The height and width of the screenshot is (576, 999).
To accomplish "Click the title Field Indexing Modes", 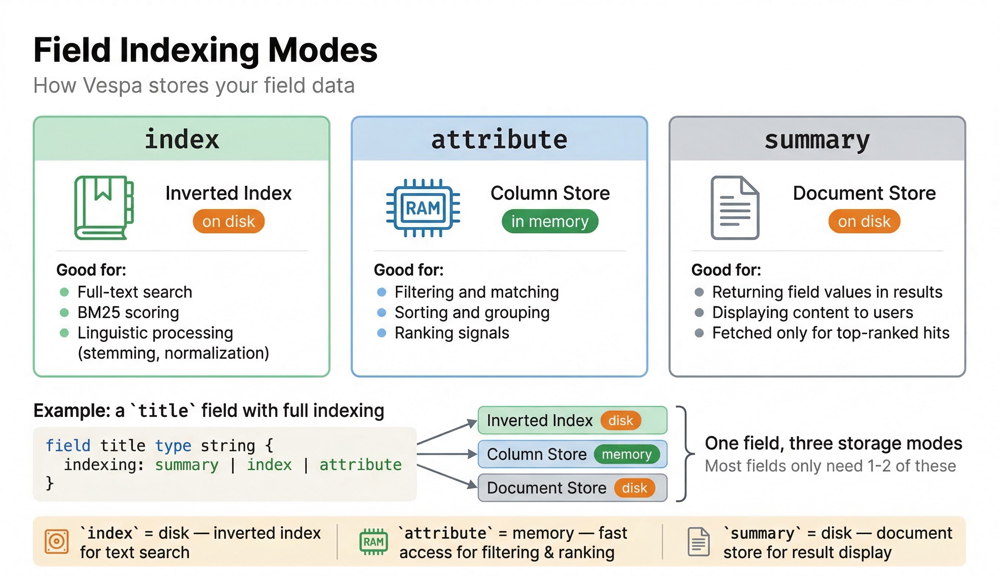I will click(x=205, y=50).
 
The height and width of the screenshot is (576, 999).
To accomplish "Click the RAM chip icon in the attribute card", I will click(x=423, y=207).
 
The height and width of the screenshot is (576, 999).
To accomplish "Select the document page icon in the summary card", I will click(x=735, y=207).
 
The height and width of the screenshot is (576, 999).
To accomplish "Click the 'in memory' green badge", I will click(x=549, y=221).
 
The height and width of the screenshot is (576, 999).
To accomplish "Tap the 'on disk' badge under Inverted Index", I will click(x=228, y=221).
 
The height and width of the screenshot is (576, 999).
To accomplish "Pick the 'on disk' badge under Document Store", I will click(x=864, y=221).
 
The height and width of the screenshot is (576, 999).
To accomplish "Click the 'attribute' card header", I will click(x=499, y=139).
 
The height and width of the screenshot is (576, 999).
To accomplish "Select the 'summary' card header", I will click(x=817, y=139).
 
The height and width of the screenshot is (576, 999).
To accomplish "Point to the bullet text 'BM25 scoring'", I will click(x=128, y=313).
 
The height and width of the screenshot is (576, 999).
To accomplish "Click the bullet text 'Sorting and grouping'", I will click(x=472, y=313).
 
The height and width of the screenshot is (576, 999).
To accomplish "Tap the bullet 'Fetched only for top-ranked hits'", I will click(x=830, y=333).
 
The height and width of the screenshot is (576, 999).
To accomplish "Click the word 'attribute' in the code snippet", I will click(x=360, y=464).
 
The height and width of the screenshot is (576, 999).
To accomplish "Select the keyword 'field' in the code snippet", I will click(x=68, y=446).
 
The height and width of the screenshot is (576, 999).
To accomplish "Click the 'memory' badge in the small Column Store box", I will click(x=627, y=454).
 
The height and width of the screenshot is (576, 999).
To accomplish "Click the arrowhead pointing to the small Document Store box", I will click(x=472, y=484).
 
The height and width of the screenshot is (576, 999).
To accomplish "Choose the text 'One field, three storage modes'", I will click(x=833, y=443).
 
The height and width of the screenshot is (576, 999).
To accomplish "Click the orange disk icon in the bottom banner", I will click(x=57, y=541).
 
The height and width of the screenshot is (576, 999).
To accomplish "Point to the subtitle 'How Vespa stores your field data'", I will click(x=194, y=86).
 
